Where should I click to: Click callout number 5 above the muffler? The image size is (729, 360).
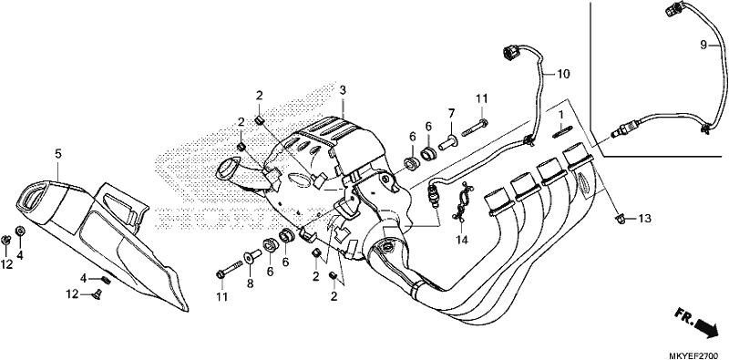pos(57,153)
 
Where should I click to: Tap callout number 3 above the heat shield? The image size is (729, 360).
pos(343,90)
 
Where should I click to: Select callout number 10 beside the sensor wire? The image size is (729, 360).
pos(563,74)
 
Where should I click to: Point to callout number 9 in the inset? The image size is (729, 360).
pos(703,45)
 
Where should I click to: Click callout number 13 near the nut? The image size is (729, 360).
pos(644,218)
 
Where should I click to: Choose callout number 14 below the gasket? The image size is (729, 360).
pos(462,240)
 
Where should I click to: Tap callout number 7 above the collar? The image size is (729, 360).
pos(450,113)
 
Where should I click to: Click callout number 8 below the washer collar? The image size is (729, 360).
pos(250,283)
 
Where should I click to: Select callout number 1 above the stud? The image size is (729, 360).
pos(561,114)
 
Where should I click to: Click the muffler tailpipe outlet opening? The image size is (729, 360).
pos(32,196)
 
